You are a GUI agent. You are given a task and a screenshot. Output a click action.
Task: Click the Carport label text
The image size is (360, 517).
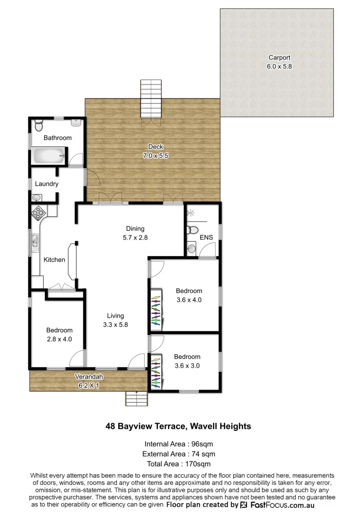click(x=279, y=57)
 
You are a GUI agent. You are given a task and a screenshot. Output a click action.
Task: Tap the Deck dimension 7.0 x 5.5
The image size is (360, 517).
click(x=153, y=156)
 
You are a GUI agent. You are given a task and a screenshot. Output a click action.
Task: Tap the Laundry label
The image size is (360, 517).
click(x=47, y=184)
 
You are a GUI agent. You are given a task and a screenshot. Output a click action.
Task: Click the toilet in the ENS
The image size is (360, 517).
click(x=192, y=230)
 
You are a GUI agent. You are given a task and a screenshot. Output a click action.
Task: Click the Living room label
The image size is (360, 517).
click(x=115, y=315)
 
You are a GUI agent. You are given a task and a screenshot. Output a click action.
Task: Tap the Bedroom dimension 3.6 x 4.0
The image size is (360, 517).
click(x=189, y=300)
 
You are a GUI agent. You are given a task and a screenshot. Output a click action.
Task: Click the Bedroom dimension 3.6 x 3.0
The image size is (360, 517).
click(x=187, y=365)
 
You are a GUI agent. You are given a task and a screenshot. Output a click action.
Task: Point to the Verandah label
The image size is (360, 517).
click(x=88, y=377)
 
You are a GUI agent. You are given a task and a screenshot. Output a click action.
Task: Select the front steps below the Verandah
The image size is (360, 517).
click(x=137, y=398)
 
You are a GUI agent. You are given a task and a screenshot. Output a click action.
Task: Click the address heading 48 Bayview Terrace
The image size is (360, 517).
click(x=178, y=426)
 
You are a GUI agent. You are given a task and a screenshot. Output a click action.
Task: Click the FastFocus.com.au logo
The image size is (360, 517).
click(x=277, y=505)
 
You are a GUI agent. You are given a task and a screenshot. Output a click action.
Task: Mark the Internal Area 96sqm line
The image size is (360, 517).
click(x=179, y=444)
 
